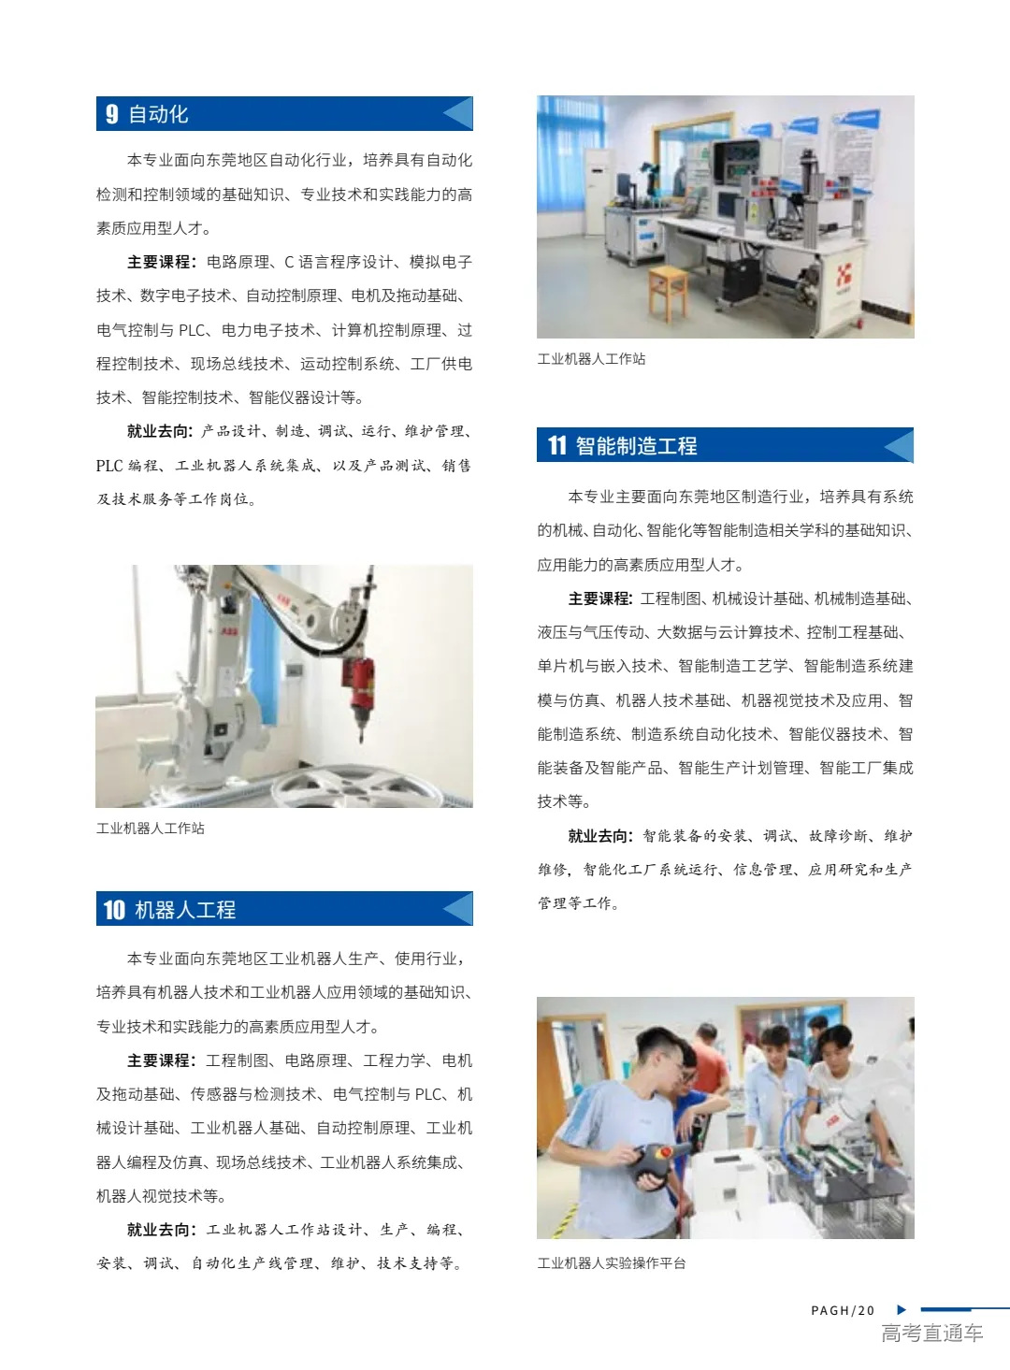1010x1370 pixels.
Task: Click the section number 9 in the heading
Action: click(x=112, y=114)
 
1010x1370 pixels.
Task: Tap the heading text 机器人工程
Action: click(x=185, y=910)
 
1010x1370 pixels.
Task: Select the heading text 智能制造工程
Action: click(x=636, y=446)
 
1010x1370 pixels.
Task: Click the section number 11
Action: click(x=557, y=446)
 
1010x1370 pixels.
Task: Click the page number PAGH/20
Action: click(x=843, y=1310)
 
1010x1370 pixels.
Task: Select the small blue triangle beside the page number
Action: click(x=902, y=1310)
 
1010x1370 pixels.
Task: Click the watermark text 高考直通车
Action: click(x=931, y=1334)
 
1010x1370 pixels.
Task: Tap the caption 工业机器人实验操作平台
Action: click(x=612, y=1263)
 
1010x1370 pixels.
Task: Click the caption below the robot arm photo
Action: click(x=151, y=829)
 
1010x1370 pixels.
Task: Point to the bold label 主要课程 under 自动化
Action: click(x=161, y=262)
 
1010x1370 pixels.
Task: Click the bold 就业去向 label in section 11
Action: click(x=601, y=836)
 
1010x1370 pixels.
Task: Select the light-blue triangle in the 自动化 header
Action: click(x=457, y=114)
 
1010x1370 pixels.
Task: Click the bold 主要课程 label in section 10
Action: click(x=161, y=1060)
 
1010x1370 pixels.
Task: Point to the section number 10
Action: click(x=114, y=910)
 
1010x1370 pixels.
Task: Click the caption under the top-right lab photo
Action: click(x=591, y=359)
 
